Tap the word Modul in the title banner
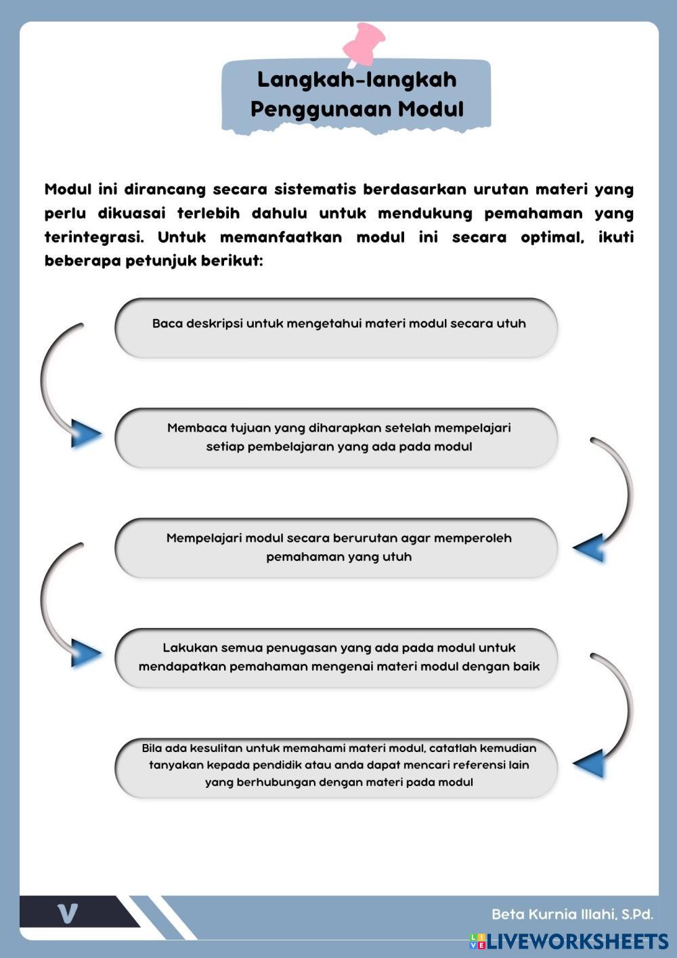pyautogui.click(x=431, y=109)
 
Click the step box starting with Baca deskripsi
pyautogui.click(x=336, y=327)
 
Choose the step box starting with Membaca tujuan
pyautogui.click(x=336, y=438)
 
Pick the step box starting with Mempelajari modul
pyautogui.click(x=336, y=547)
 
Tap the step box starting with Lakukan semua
pyautogui.click(x=336, y=657)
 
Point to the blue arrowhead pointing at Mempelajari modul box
pyautogui.click(x=589, y=547)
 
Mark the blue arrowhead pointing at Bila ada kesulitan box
pyautogui.click(x=589, y=764)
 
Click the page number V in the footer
pyautogui.click(x=68, y=913)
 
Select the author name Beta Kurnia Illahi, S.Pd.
pyautogui.click(x=572, y=914)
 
